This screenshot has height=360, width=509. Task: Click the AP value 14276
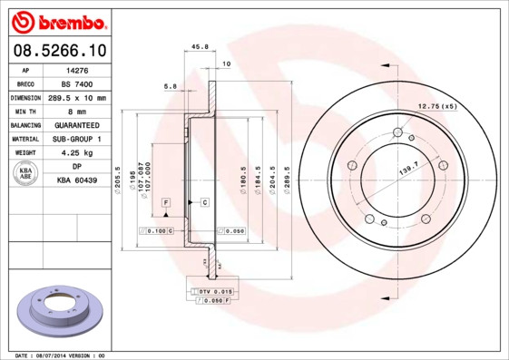point(79,69)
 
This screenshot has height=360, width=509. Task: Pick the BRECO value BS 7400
point(79,83)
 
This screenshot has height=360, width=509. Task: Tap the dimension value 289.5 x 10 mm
point(79,97)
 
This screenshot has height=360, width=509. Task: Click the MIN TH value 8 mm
point(79,111)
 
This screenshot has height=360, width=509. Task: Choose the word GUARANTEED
point(79,125)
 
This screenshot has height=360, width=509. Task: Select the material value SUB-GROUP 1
point(79,139)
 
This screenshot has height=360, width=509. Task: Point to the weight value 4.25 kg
point(79,153)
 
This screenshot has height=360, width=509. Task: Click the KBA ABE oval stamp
point(26,174)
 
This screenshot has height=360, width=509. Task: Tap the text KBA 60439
point(79,181)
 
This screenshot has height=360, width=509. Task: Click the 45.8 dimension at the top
point(201,48)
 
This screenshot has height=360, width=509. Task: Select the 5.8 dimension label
point(170,86)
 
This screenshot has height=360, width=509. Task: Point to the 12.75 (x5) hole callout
point(436,107)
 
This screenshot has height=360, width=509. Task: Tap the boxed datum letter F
point(167,200)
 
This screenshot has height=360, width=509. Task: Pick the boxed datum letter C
point(205,200)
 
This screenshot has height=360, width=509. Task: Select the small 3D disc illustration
point(60,313)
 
